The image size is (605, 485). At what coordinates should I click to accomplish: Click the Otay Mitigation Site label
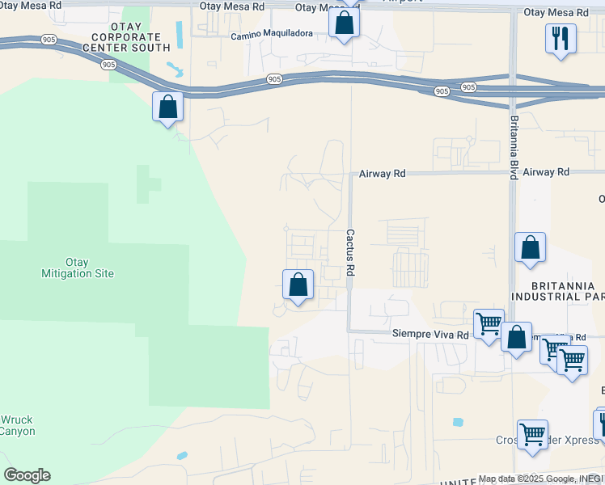[x=78, y=268]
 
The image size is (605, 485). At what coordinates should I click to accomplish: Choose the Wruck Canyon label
[x=17, y=425]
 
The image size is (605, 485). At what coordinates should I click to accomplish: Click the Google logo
[x=26, y=475]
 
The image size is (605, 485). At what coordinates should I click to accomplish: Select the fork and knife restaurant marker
[x=561, y=38]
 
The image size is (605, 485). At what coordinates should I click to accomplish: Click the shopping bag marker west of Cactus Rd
[x=298, y=285]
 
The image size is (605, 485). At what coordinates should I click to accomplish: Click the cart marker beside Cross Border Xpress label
[x=532, y=435]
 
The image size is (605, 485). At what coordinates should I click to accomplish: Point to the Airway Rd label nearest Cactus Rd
[x=383, y=173]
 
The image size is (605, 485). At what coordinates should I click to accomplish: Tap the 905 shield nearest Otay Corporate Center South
[x=107, y=65]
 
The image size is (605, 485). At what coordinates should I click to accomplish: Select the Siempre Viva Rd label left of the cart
[x=430, y=334]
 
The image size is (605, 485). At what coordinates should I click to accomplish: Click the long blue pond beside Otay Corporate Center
[x=179, y=34]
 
